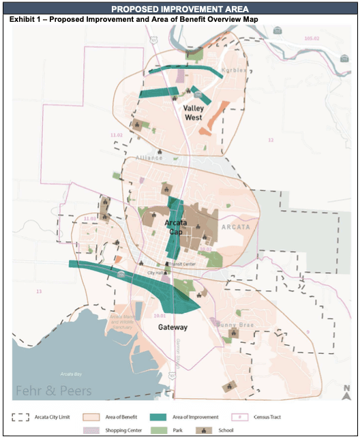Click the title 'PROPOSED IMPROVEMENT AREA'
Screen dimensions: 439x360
tap(179, 9)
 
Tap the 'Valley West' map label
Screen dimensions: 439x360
tap(194, 112)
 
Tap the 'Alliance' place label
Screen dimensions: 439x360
tap(149, 158)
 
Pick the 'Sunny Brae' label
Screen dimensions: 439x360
tap(235, 325)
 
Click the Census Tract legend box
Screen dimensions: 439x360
tap(239, 416)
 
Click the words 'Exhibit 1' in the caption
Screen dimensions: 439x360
tap(26, 19)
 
